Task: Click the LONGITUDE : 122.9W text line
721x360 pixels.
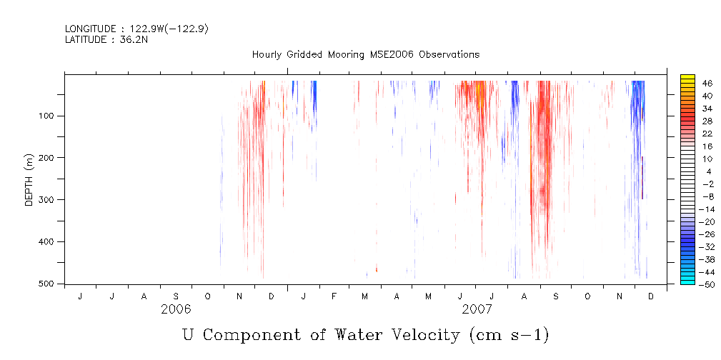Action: tap(136, 29)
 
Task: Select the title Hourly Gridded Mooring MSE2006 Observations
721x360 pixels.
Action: tap(365, 54)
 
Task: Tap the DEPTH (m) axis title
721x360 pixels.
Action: tap(29, 179)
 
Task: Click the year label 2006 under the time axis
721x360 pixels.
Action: tap(176, 309)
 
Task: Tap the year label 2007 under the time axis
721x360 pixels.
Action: tap(477, 309)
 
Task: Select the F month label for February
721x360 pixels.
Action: tap(334, 296)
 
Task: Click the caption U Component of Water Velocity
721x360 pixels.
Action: tap(365, 334)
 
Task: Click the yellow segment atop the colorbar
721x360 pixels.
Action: tap(687, 79)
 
